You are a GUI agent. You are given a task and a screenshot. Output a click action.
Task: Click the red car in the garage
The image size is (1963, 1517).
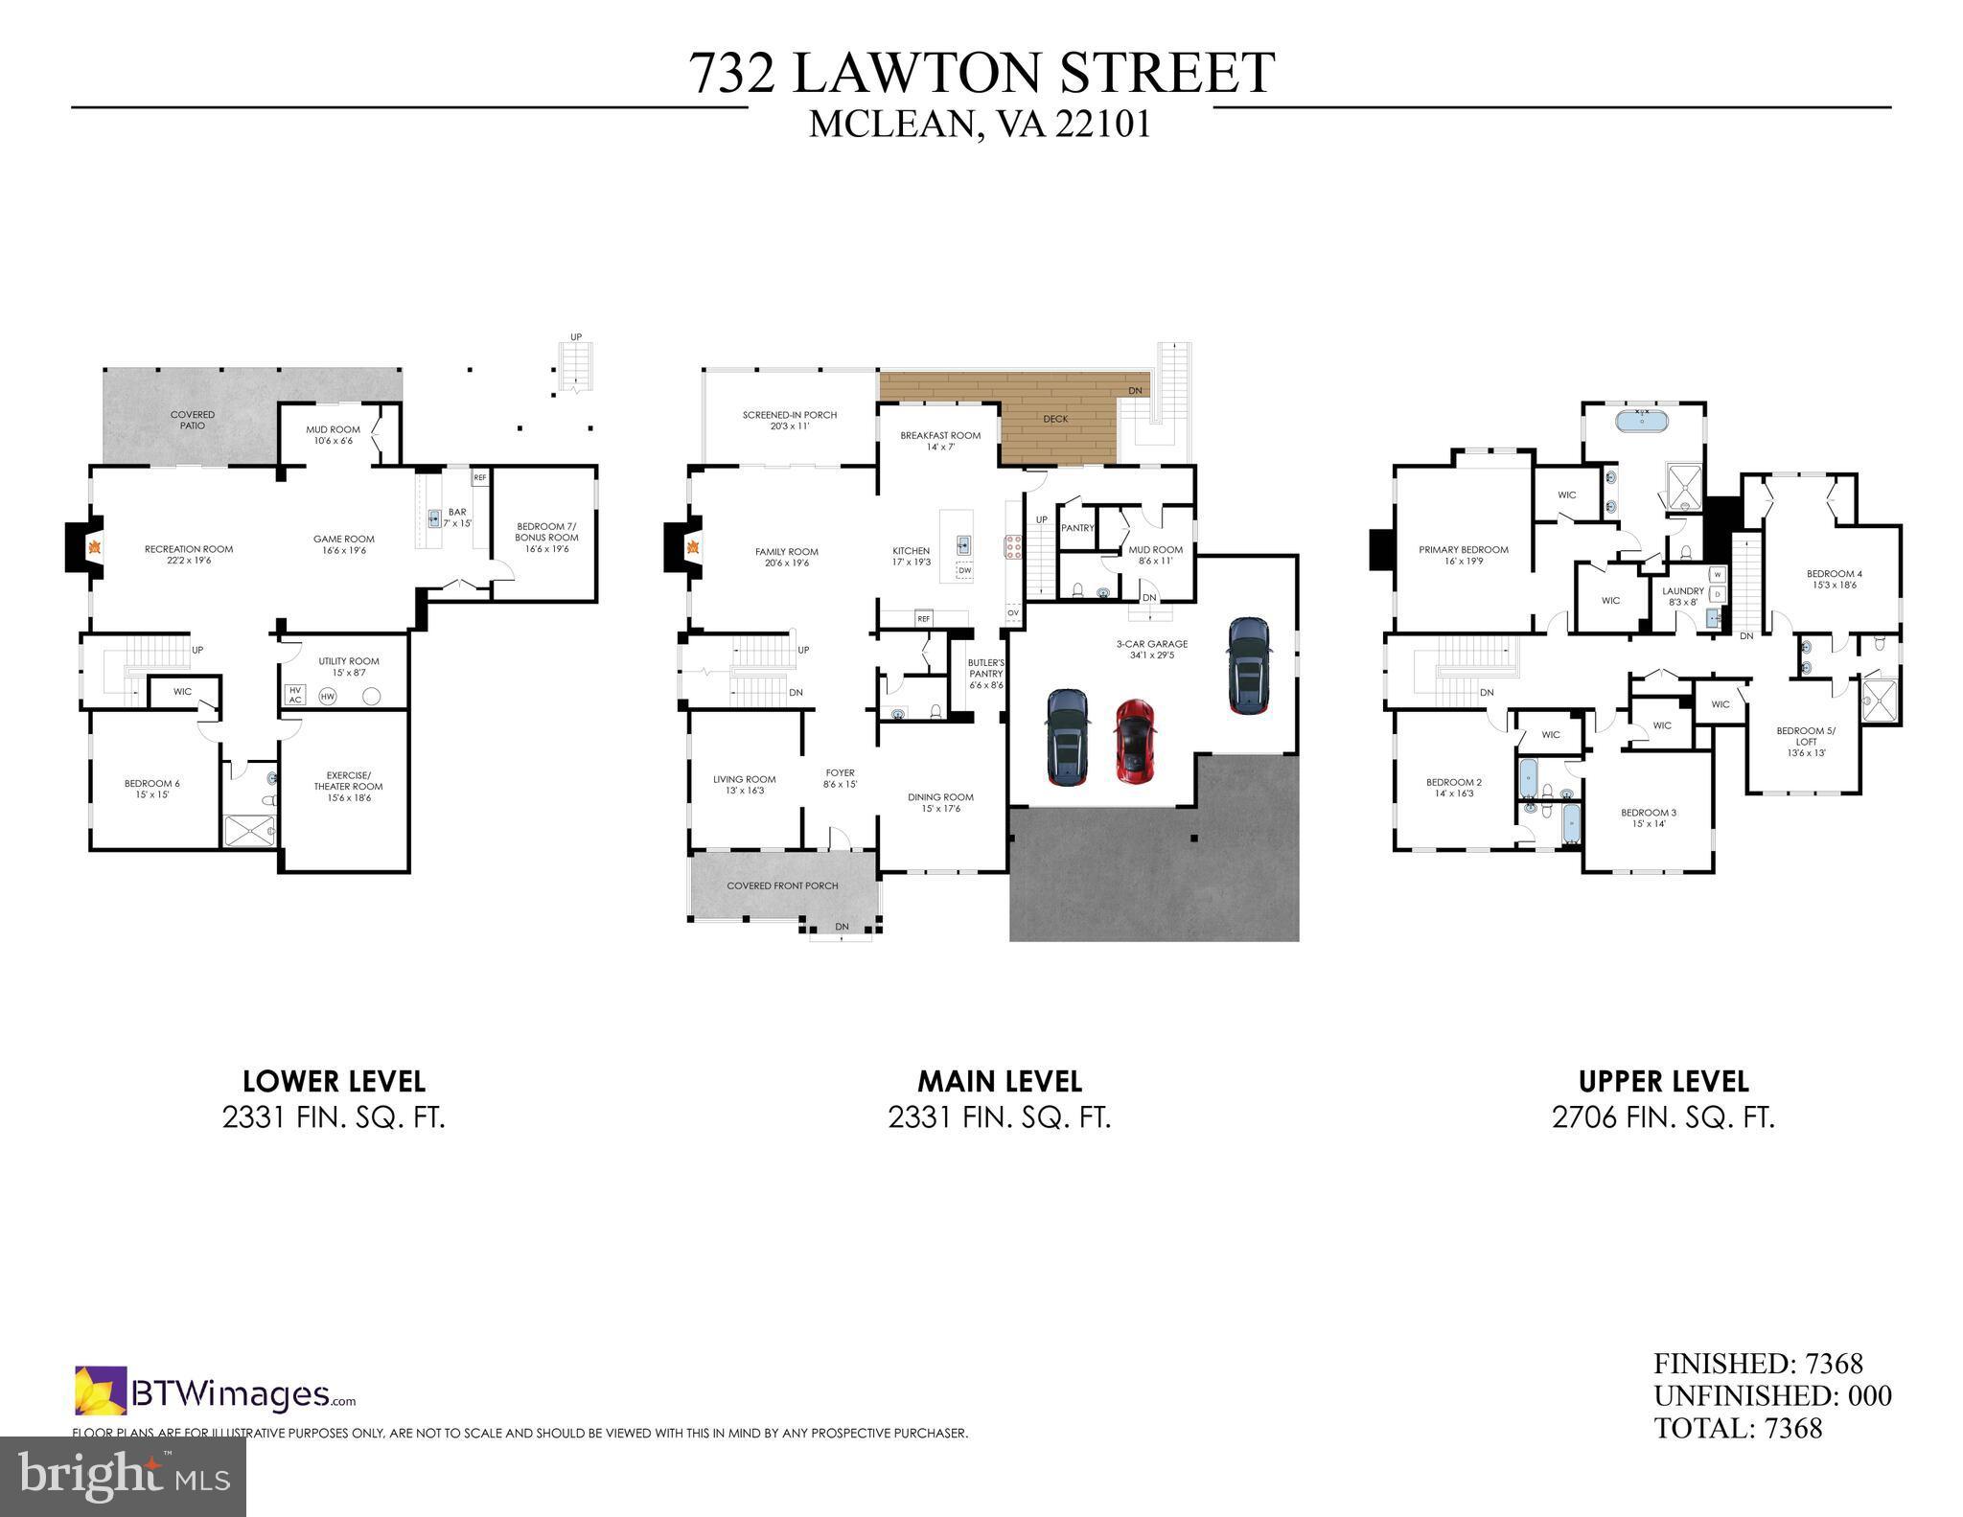1136,739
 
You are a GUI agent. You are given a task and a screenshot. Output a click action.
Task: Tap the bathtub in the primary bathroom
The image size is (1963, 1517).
1642,420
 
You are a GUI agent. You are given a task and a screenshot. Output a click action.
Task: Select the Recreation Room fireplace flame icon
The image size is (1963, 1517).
95,548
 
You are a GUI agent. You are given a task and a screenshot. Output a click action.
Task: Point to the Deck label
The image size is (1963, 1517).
1055,419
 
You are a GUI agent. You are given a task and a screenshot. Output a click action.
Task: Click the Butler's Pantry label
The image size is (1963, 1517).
985,674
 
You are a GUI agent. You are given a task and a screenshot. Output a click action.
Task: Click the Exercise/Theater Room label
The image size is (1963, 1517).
348,786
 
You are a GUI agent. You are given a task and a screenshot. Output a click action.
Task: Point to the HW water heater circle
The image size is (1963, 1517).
328,697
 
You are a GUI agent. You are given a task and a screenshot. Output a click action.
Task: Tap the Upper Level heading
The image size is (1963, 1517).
1663,1082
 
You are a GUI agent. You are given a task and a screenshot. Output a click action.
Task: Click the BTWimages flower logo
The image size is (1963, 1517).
101,1390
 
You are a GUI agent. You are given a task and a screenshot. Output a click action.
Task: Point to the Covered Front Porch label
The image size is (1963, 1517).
782,885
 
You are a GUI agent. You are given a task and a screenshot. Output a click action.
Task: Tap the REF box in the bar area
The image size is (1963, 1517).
479,477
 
